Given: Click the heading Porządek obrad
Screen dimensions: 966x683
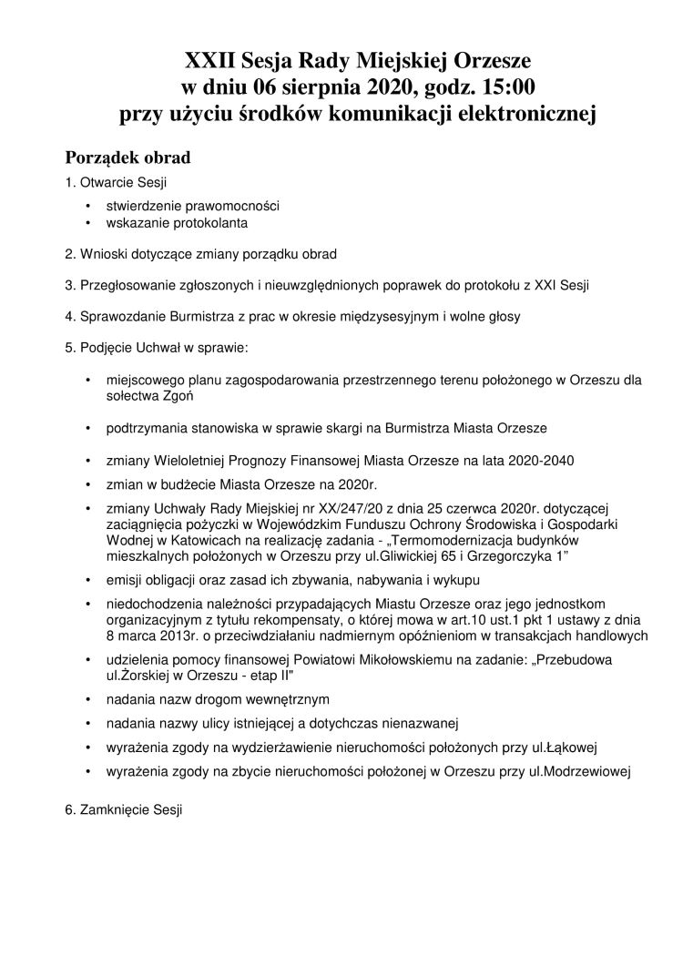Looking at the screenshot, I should click(127, 157).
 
